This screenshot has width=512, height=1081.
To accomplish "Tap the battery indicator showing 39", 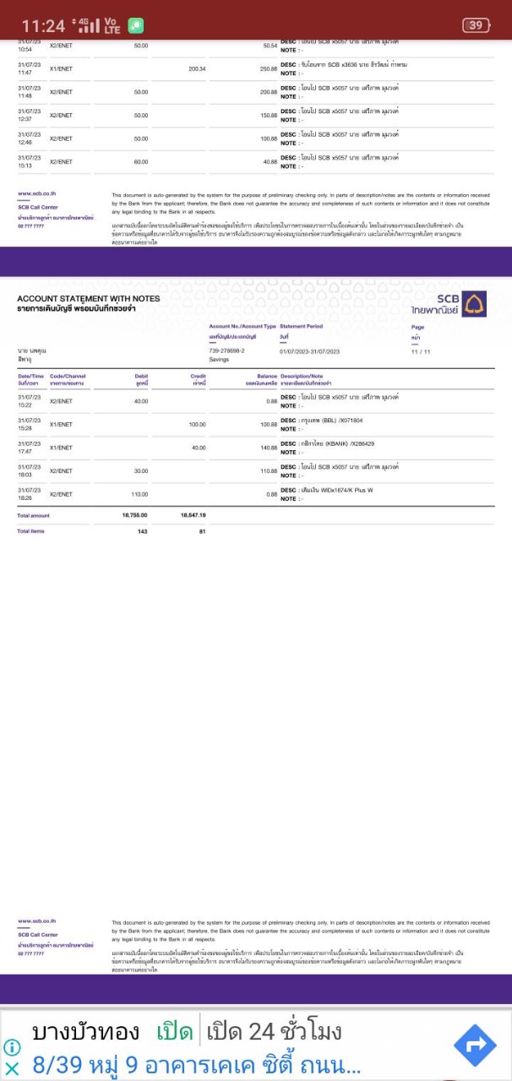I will point(476,25).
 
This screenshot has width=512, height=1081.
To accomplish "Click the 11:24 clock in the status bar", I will point(42,26).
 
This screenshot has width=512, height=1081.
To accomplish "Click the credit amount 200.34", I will point(198,68).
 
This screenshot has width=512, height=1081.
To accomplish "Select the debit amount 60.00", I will point(140,161).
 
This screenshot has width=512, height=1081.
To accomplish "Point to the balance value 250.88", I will point(269,68).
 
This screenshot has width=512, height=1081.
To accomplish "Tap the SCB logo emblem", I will point(475,304).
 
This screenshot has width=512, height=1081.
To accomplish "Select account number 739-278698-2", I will point(226,350).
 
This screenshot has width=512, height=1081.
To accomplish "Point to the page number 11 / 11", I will point(420,351).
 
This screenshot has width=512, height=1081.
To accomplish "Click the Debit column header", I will point(141,376).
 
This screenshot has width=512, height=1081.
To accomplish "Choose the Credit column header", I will point(199,376).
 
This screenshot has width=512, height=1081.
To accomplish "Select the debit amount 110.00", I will point(139,494).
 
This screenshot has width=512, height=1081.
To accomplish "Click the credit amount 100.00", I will point(197,424).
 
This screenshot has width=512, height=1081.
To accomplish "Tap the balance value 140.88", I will point(269,448).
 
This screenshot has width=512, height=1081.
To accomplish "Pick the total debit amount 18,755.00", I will point(134,514).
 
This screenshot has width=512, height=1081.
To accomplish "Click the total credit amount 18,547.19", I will point(193,514).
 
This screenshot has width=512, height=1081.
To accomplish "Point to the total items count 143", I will point(142,531).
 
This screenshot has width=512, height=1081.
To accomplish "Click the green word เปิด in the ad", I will point(175,1031).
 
